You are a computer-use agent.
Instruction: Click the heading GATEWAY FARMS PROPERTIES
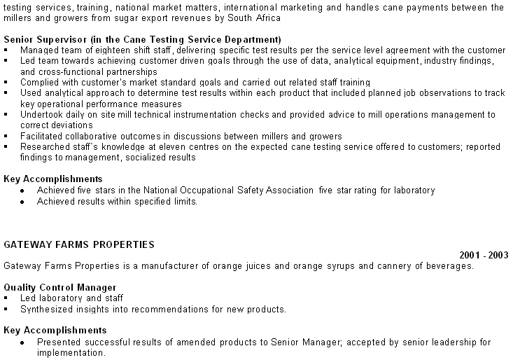click(x=79, y=244)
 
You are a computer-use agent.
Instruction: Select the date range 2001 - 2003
click(x=484, y=255)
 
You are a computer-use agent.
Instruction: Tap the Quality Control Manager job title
click(x=59, y=287)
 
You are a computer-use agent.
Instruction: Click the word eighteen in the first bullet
click(x=112, y=50)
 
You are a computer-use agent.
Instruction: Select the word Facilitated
click(x=42, y=136)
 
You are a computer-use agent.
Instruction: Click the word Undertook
click(x=42, y=114)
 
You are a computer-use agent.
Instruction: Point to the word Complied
click(x=39, y=82)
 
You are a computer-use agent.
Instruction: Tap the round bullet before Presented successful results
click(x=23, y=342)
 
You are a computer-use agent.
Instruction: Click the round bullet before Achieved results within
click(x=23, y=202)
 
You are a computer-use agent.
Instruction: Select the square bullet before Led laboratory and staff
click(x=6, y=298)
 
